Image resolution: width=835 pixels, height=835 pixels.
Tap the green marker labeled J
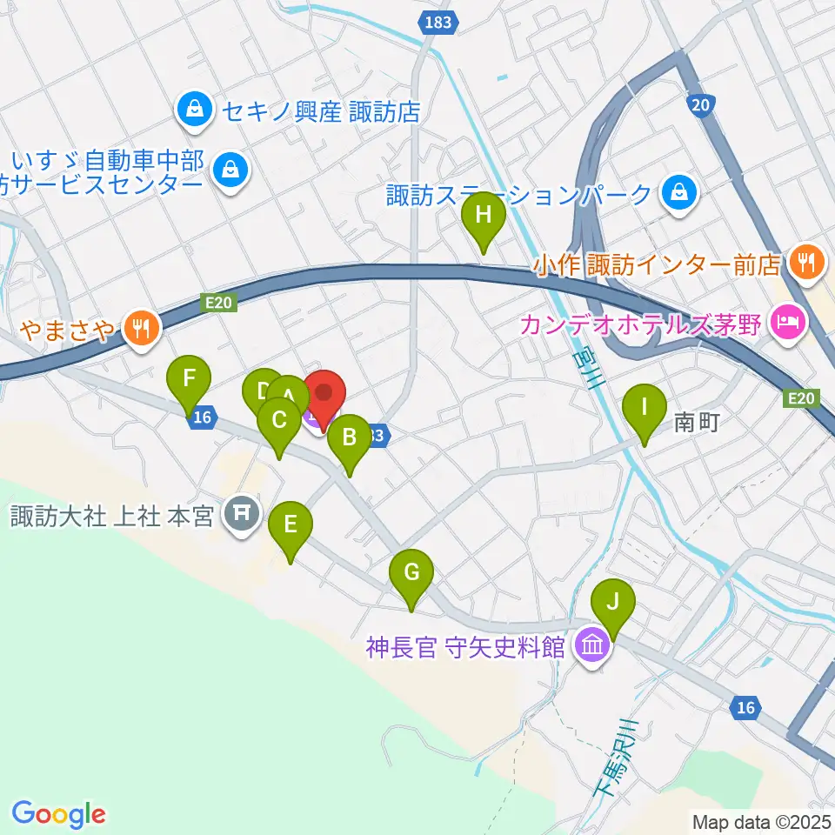(613, 603)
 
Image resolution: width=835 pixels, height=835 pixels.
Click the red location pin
(324, 395)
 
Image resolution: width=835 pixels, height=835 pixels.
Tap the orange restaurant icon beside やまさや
(140, 328)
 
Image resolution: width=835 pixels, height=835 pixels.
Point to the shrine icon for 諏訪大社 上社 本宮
(237, 516)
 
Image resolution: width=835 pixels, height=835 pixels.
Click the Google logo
(58, 814)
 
